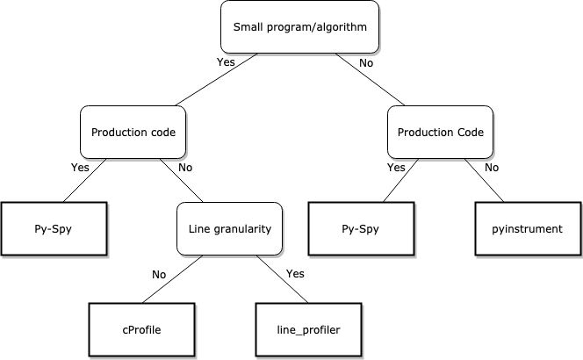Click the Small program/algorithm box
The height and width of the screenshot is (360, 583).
click(x=299, y=26)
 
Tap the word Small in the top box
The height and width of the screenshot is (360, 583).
click(x=248, y=27)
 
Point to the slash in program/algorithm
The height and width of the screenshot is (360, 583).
click(x=308, y=27)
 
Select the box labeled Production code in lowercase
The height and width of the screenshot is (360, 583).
click(x=133, y=133)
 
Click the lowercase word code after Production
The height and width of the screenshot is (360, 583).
click(x=162, y=133)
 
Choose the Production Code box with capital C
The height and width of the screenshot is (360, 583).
click(x=441, y=133)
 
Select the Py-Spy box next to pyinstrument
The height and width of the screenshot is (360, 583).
click(x=361, y=229)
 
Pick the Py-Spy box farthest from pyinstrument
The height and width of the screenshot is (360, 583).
click(x=54, y=229)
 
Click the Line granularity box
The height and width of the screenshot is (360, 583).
click(x=230, y=229)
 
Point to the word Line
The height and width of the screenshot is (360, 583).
click(x=199, y=229)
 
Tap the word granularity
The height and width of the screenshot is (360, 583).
click(x=242, y=230)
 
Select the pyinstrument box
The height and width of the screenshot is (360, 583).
click(x=528, y=229)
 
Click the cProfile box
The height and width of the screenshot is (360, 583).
click(x=142, y=330)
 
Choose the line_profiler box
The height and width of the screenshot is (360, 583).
click(x=308, y=330)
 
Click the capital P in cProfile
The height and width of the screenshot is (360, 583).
click(x=130, y=330)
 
